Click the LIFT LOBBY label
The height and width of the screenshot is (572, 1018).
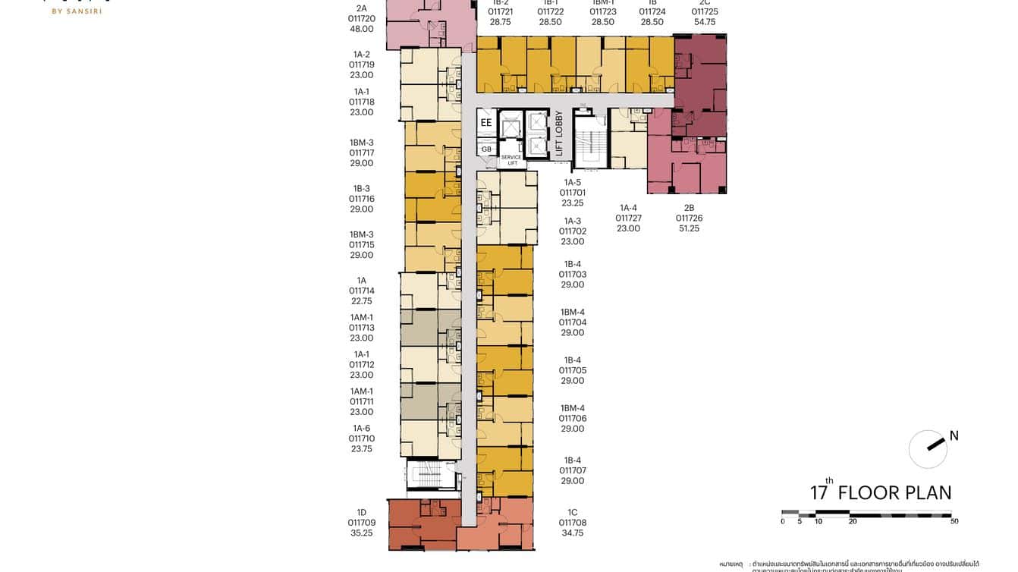(560, 134)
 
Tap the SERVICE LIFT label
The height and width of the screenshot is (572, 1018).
(511, 160)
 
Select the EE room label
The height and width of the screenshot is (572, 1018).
(486, 121)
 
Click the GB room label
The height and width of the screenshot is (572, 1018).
(486, 149)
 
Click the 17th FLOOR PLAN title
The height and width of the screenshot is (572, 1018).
(881, 492)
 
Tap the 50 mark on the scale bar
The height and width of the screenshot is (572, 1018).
(954, 522)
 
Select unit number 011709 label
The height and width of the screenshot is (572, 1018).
(362, 523)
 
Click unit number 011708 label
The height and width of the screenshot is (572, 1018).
(573, 523)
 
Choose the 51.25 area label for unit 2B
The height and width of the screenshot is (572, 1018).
(689, 228)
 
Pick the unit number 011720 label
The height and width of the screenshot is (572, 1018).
(362, 18)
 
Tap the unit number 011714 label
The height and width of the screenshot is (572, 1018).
(362, 291)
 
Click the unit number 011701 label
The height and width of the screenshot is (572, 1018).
(573, 193)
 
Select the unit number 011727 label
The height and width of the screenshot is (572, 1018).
(628, 218)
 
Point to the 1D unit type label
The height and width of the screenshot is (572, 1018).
(362, 512)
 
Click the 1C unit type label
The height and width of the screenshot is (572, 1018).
(573, 512)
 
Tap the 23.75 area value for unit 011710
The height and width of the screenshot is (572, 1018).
(362, 449)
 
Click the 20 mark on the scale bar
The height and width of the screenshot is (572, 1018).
(853, 522)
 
